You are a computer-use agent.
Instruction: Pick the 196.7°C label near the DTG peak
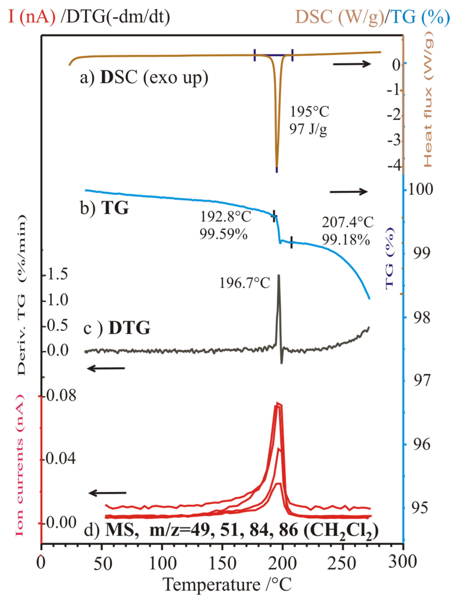245,283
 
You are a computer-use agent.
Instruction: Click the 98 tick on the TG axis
422,317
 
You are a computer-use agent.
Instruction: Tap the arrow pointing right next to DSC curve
351,64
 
